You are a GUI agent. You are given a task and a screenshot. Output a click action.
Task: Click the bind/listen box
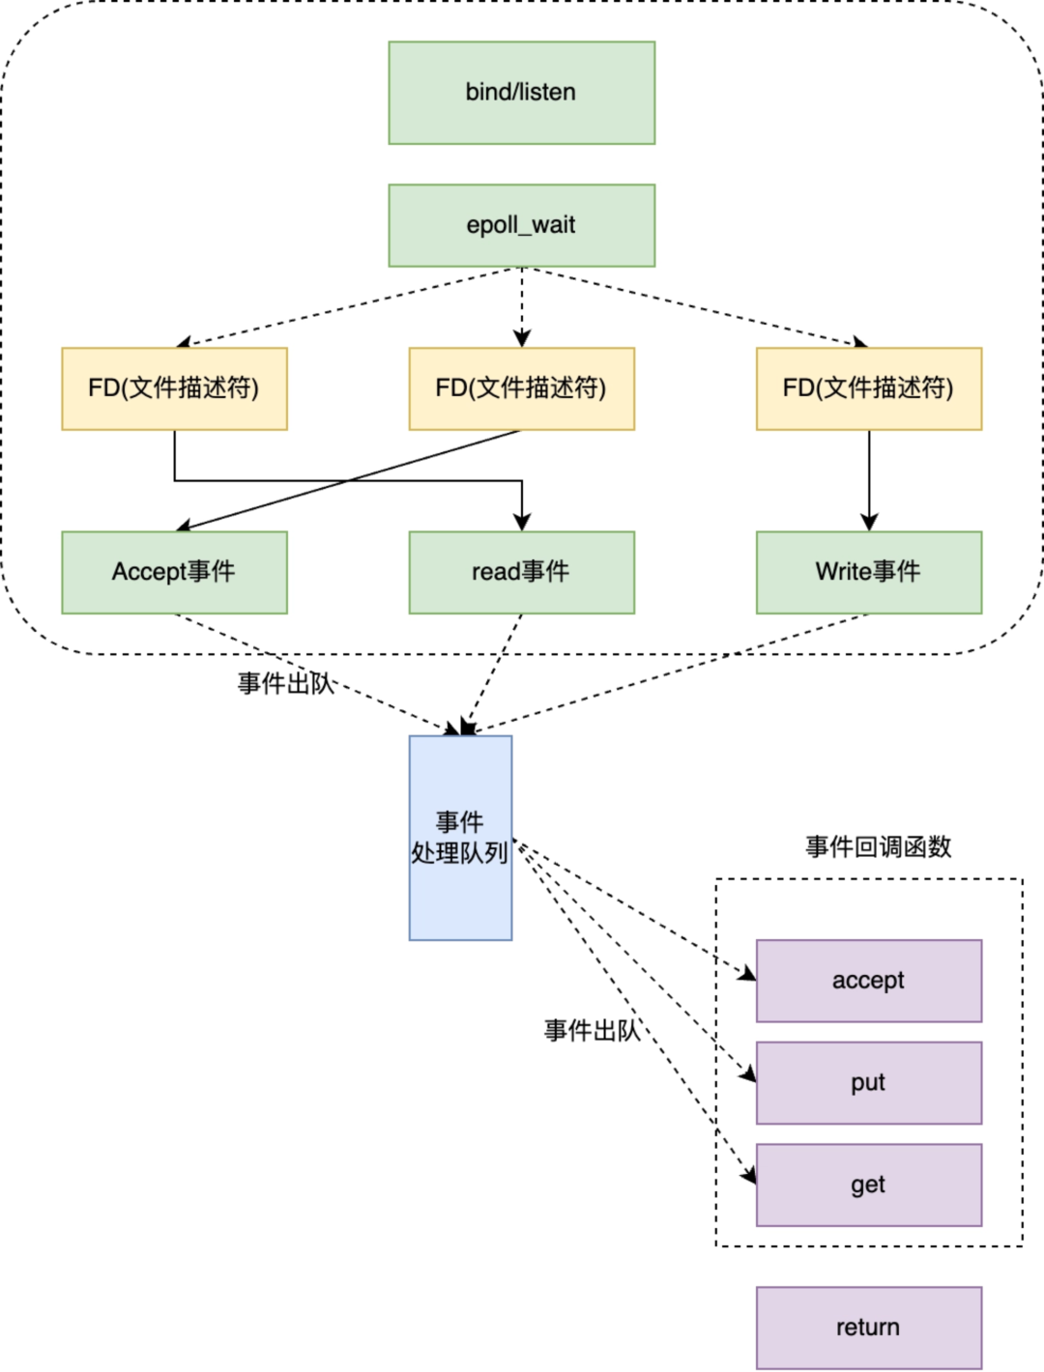pyautogui.click(x=521, y=93)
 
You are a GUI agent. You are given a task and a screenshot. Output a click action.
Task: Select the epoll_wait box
pyautogui.click(x=521, y=225)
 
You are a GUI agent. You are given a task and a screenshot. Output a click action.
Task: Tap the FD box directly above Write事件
pyautogui.click(x=868, y=388)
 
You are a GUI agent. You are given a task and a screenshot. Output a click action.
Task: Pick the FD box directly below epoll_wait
pyautogui.click(x=521, y=388)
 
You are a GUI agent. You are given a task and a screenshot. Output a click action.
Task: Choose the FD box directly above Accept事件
pyautogui.click(x=174, y=388)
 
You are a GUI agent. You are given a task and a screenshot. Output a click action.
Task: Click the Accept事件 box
pyautogui.click(x=174, y=572)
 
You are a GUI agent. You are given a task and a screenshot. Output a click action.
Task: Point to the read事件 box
pyautogui.click(x=521, y=572)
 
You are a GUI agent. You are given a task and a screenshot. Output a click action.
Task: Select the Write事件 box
pyautogui.click(x=868, y=572)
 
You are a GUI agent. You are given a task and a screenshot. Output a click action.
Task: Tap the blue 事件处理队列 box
pyautogui.click(x=460, y=838)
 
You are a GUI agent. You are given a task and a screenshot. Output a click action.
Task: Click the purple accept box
pyautogui.click(x=868, y=981)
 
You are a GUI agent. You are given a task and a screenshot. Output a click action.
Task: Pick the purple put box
pyautogui.click(x=868, y=1083)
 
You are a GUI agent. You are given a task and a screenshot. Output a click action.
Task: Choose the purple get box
pyautogui.click(x=868, y=1185)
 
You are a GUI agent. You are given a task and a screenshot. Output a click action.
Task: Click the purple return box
pyautogui.click(x=868, y=1328)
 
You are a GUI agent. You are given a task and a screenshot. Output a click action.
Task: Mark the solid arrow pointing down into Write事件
pyautogui.click(x=868, y=483)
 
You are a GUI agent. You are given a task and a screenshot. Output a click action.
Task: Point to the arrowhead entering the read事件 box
pyautogui.click(x=522, y=523)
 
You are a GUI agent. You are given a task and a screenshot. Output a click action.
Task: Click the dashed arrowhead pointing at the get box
pyautogui.click(x=748, y=1176)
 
